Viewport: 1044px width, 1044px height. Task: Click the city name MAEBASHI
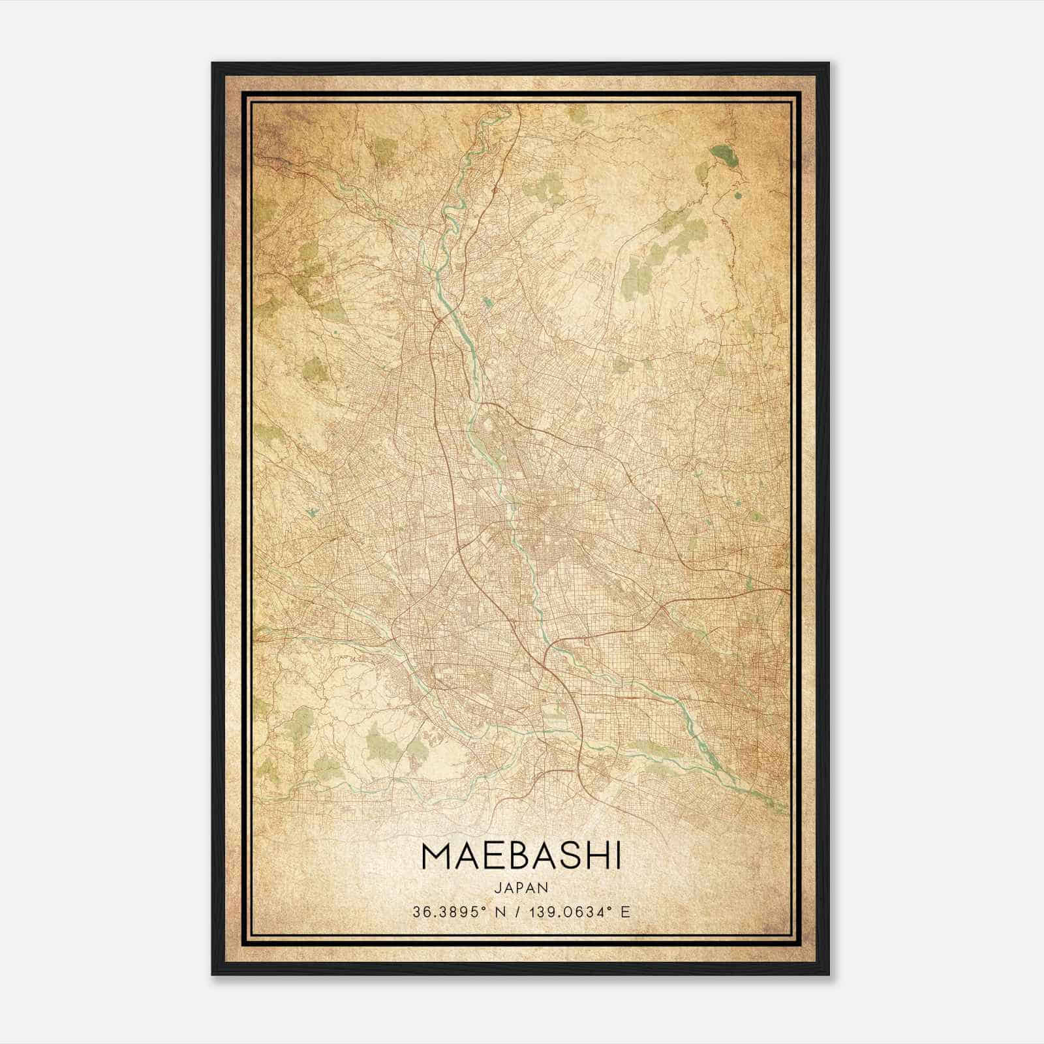point(521,857)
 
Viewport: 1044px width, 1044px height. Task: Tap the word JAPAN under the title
point(521,887)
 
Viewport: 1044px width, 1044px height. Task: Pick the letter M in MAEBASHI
point(435,857)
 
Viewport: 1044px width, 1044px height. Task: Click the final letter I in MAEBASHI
point(617,857)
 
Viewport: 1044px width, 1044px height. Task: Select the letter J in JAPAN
point(497,887)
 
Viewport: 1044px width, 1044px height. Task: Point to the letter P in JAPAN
point(521,887)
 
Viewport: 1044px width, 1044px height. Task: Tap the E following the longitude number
point(626,912)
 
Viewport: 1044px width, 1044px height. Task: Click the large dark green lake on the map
point(723,155)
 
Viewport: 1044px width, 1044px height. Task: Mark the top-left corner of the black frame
point(213,63)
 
